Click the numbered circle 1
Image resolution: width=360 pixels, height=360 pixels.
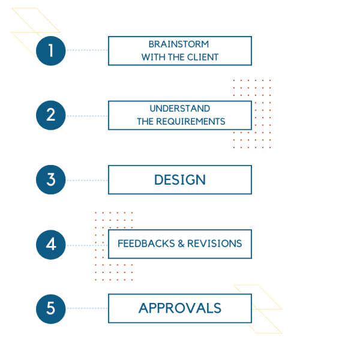click(50, 50)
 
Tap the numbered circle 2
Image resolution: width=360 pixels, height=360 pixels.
click(50, 115)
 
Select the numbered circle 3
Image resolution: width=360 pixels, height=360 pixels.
click(50, 180)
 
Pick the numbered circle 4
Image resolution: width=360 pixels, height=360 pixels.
click(50, 244)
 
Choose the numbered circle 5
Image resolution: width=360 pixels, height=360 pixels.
click(50, 308)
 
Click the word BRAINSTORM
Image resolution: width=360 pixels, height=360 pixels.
click(179, 44)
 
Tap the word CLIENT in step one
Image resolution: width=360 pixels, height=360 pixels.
click(203, 58)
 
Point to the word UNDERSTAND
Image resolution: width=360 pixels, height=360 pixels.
click(179, 109)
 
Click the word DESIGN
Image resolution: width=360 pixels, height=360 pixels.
click(179, 180)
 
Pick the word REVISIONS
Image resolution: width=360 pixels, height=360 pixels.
click(214, 244)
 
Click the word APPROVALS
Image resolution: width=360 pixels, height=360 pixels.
click(179, 308)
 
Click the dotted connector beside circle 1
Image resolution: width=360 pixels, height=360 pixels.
click(87, 50)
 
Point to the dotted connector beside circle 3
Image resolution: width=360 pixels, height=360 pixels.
click(87, 180)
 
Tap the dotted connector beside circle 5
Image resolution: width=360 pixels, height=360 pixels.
click(87, 308)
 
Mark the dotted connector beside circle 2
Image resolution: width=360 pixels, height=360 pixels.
click(87, 116)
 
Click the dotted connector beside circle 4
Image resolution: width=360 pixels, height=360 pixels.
click(87, 245)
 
